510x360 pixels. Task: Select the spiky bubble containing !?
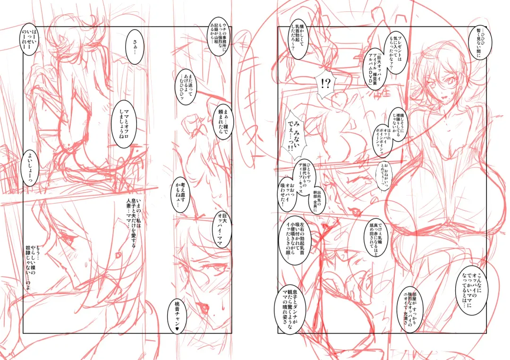326,84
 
